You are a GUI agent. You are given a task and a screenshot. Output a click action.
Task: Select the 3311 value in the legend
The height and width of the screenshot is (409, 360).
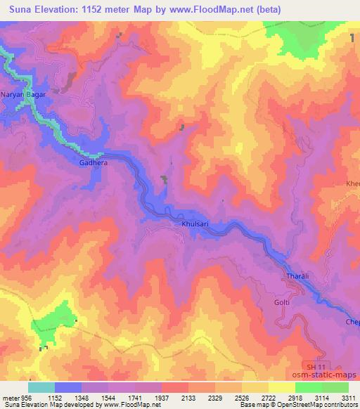348,397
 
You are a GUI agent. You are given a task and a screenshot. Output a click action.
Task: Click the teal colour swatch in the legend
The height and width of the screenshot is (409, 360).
41,387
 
